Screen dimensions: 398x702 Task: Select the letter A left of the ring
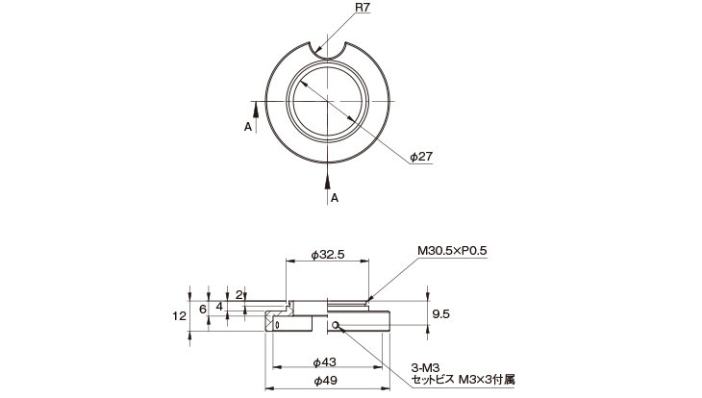248,126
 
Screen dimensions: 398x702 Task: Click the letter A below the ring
335,197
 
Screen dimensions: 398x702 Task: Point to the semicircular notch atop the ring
329,50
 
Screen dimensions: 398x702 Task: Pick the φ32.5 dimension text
329,257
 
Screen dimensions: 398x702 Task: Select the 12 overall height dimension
177,314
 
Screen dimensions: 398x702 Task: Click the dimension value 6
202,308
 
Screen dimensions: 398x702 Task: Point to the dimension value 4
220,307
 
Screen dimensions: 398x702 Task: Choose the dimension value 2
238,294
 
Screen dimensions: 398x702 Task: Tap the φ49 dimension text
324,381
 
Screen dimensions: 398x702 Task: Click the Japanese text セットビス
433,379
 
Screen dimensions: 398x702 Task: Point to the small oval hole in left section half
277,325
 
